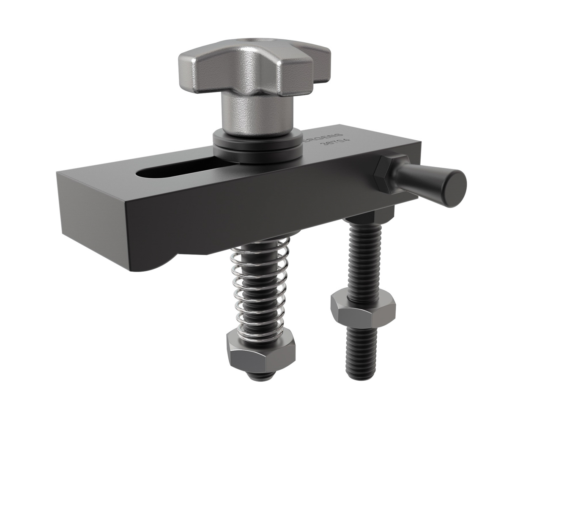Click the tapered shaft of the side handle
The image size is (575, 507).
point(419,180)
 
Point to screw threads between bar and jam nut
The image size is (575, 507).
point(363,258)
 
